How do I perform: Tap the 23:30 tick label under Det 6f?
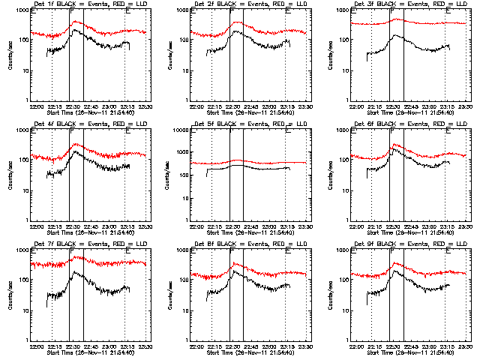tap(466, 226)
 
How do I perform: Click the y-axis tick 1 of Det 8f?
tap(189, 340)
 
